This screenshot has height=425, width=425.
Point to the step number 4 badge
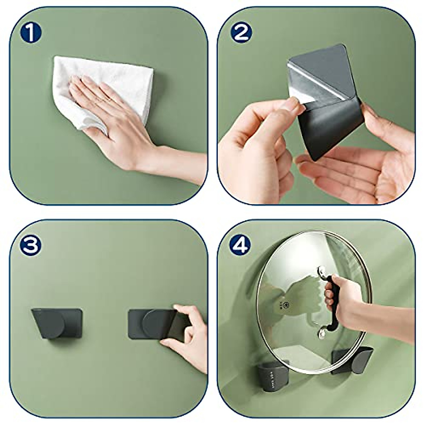pyautogui.click(x=241, y=244)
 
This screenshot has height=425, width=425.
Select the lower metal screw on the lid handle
pyautogui.click(x=322, y=333)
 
